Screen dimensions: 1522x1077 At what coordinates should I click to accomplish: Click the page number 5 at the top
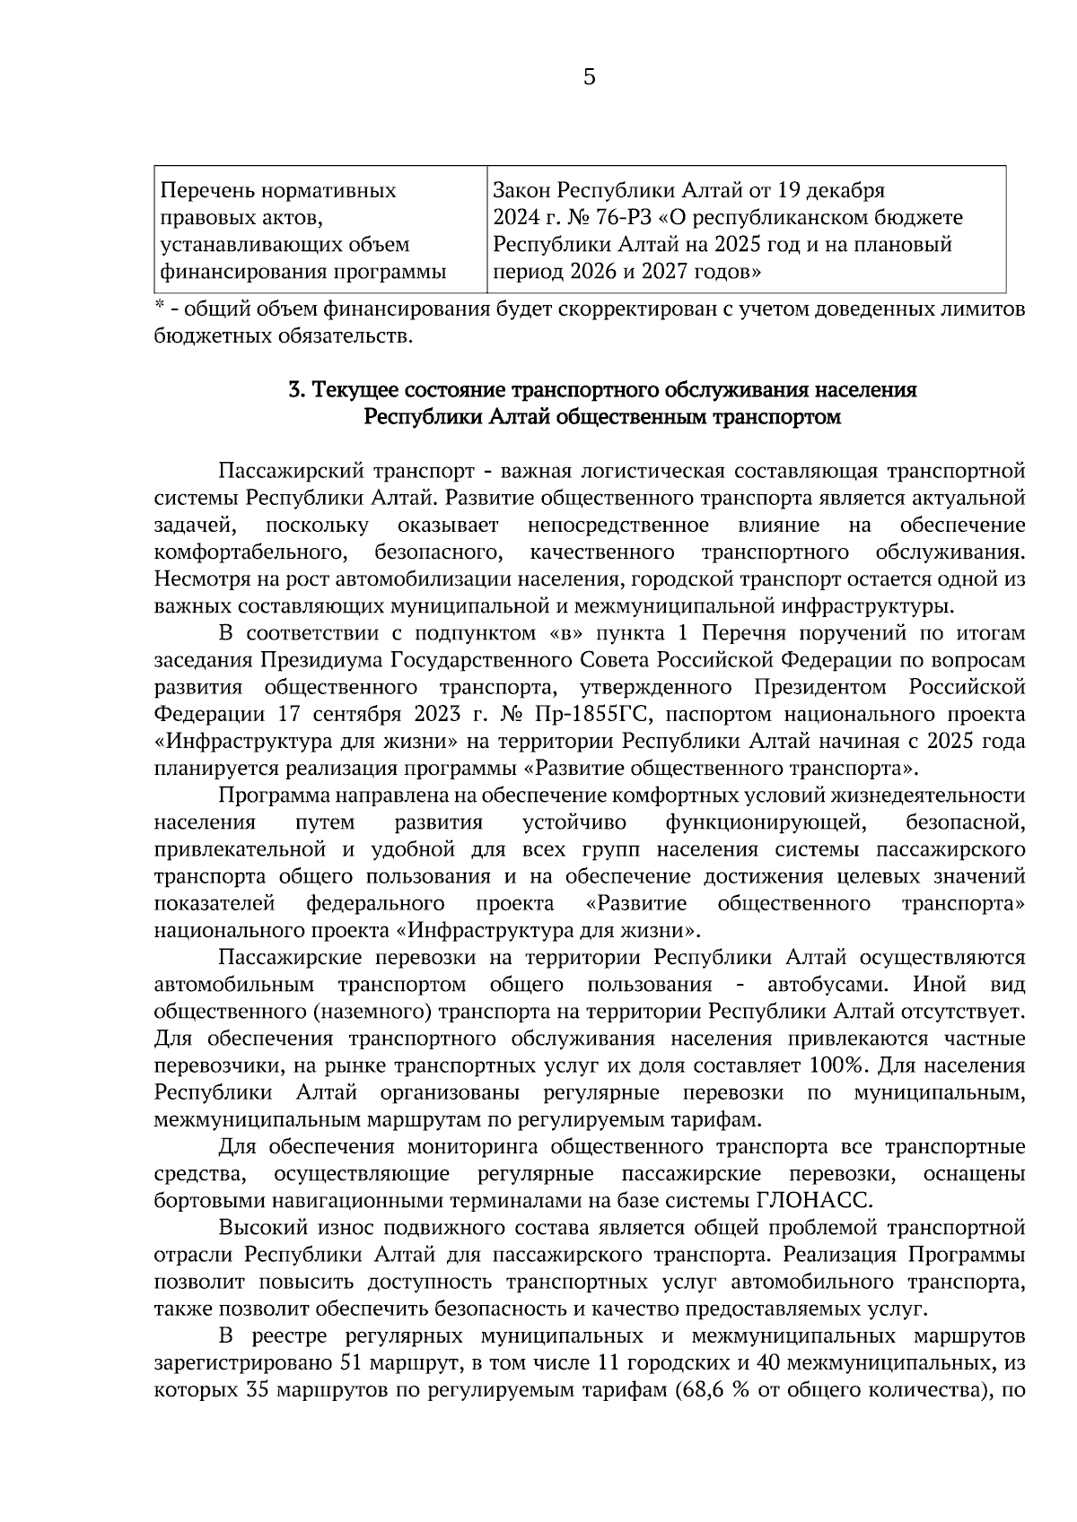589,78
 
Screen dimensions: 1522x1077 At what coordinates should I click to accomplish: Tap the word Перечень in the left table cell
200,191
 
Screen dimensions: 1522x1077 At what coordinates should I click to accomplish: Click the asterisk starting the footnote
159,309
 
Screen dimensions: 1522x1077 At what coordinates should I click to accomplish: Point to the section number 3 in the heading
293,391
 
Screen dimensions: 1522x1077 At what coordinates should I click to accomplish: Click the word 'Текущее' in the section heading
352,391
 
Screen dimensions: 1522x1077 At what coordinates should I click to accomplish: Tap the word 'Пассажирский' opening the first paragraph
289,472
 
